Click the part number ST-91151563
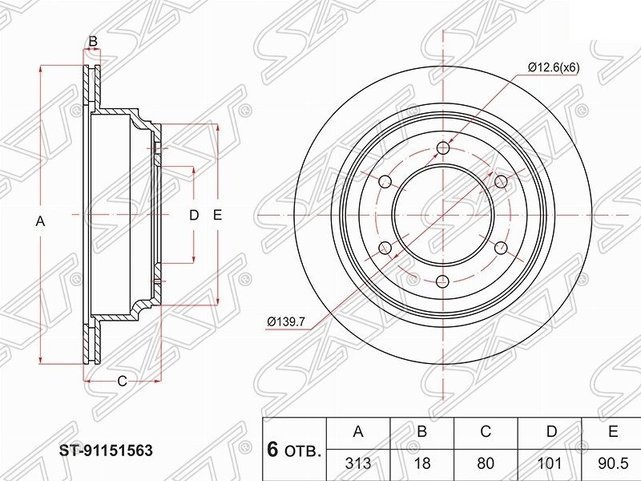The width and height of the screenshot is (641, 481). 106,451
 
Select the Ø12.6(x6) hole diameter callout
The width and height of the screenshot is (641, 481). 554,67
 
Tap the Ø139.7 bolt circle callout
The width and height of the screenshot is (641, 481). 286,322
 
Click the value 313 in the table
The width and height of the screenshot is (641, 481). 358,463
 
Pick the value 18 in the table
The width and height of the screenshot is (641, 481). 422,463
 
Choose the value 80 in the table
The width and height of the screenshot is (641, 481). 486,463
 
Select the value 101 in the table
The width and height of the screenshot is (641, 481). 549,463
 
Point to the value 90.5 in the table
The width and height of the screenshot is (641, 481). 612,463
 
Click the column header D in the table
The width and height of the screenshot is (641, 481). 551,431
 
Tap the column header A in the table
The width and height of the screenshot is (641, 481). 358,431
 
